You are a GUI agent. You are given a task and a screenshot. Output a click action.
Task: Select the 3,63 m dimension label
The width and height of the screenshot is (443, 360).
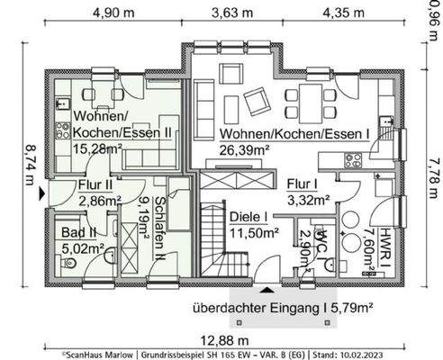232,13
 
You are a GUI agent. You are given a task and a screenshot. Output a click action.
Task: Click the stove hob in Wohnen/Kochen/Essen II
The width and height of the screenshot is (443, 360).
63,129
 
